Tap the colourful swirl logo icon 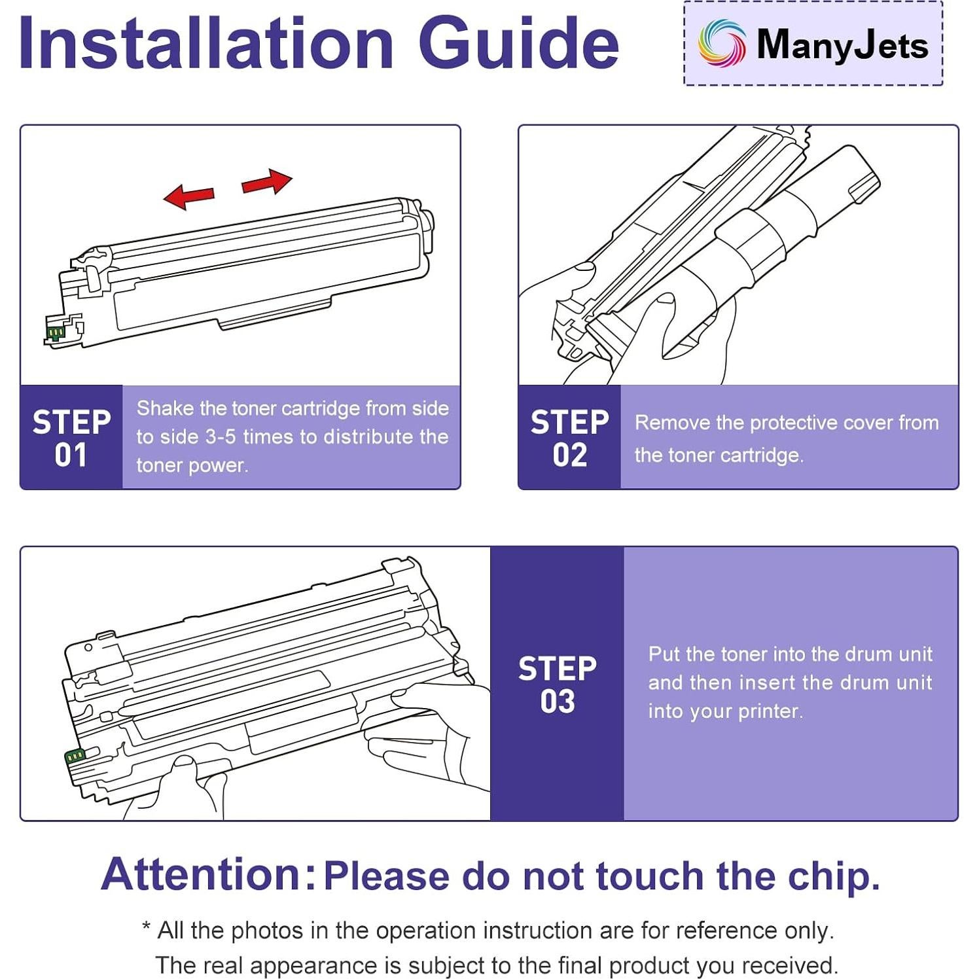pos(721,43)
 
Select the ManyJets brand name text pos(842,44)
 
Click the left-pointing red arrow pos(189,196)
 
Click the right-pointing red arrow pos(267,181)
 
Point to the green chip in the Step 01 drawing pos(55,332)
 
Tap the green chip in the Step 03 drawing pos(75,756)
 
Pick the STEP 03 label pos(557,685)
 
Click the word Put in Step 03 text pos(664,654)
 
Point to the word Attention pos(200,874)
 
